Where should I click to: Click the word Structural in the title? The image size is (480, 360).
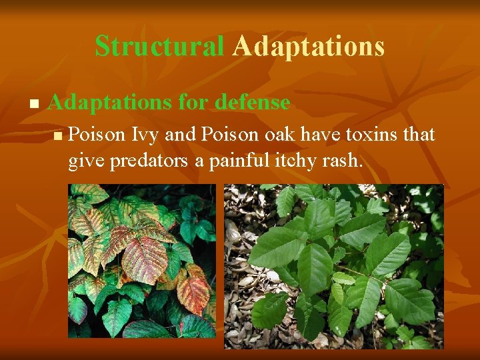click(x=159, y=46)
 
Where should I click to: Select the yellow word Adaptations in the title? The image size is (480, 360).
click(x=309, y=46)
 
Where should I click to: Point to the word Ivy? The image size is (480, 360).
click(x=145, y=135)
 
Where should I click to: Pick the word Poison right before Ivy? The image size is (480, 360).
click(x=97, y=135)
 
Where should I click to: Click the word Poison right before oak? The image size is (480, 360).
click(x=231, y=135)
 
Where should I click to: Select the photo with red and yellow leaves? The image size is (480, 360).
click(x=141, y=261)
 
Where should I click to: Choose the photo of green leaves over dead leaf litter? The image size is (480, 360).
click(x=333, y=266)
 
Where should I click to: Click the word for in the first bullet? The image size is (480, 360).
click(x=192, y=103)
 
